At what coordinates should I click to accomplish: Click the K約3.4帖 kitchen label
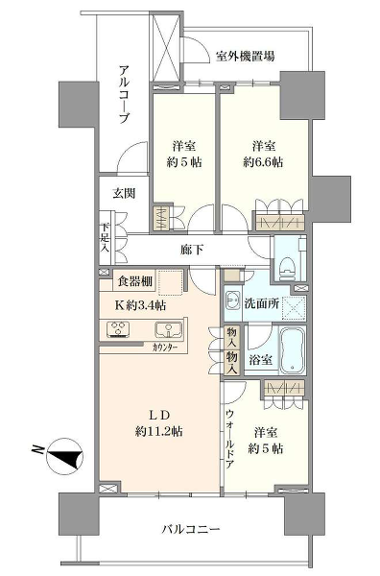coord(139,306)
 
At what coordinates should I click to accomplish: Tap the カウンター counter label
coord(170,348)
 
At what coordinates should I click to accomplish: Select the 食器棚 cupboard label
coord(134,282)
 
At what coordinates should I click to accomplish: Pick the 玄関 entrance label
coord(123,192)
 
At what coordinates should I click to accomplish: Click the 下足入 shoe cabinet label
coord(105,240)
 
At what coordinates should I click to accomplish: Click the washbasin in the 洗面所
coord(233,299)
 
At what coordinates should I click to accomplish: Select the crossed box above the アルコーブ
coord(165,47)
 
